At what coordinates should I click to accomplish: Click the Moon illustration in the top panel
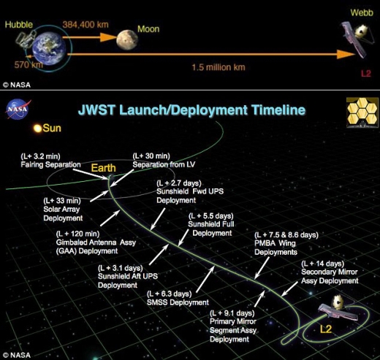(x=127, y=39)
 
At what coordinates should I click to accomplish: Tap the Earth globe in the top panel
(x=50, y=48)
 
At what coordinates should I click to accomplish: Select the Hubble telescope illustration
(x=25, y=39)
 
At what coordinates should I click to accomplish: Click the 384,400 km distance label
(x=85, y=24)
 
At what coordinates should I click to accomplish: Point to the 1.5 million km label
(x=218, y=67)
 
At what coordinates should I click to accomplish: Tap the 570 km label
(x=28, y=65)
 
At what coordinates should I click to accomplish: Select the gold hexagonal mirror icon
(x=362, y=112)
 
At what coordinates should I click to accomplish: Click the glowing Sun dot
(x=38, y=129)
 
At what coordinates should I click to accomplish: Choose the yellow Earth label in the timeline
(x=103, y=168)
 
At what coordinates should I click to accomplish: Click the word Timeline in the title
(x=278, y=110)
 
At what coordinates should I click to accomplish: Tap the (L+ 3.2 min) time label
(x=40, y=156)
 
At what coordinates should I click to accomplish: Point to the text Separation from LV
(x=164, y=164)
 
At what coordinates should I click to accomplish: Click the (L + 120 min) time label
(x=77, y=234)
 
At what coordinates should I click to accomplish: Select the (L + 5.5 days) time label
(x=211, y=216)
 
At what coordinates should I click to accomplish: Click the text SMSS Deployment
(x=178, y=302)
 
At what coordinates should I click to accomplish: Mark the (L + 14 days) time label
(x=323, y=264)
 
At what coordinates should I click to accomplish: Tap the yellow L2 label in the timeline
(x=326, y=329)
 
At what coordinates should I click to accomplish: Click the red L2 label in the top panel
(x=366, y=73)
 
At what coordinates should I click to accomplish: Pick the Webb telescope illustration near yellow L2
(x=338, y=307)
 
